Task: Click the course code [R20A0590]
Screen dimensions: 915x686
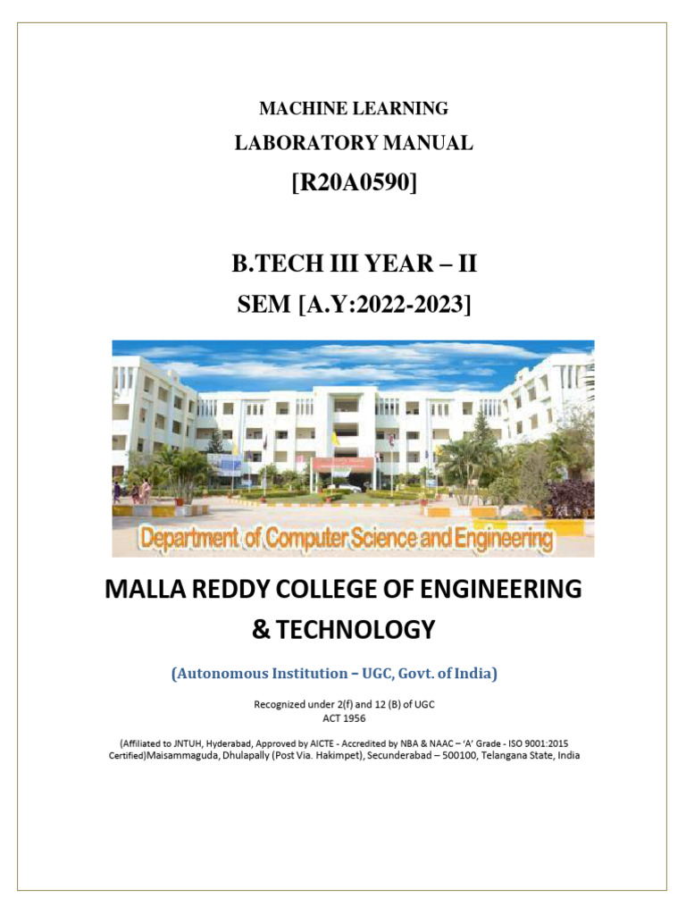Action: tap(354, 183)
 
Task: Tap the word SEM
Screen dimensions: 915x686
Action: tap(264, 305)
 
